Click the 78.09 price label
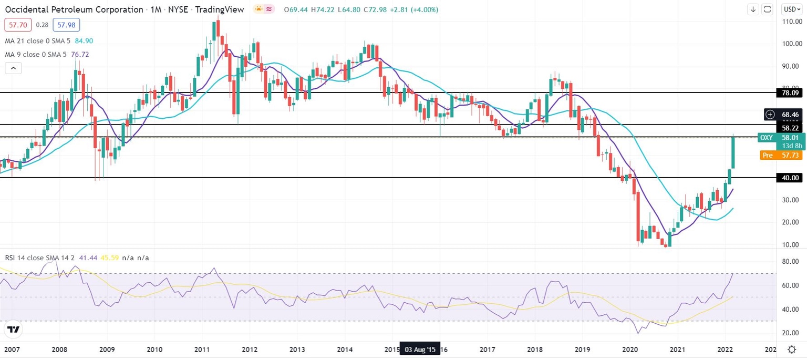pyautogui.click(x=790, y=92)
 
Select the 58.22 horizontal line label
pyautogui.click(x=790, y=128)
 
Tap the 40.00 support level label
pyautogui.click(x=790, y=178)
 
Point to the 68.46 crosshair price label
pyautogui.click(x=790, y=114)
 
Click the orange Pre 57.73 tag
pyautogui.click(x=781, y=155)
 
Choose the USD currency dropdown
pyautogui.click(x=791, y=9)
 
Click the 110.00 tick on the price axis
pyautogui.click(x=790, y=22)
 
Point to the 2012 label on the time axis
pyautogui.click(x=249, y=349)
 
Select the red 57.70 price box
pyautogui.click(x=18, y=25)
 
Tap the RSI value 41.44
pyautogui.click(x=87, y=258)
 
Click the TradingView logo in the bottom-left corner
pyautogui.click(x=14, y=330)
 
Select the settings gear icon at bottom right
pyautogui.click(x=791, y=349)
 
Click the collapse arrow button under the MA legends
pyautogui.click(x=14, y=68)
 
